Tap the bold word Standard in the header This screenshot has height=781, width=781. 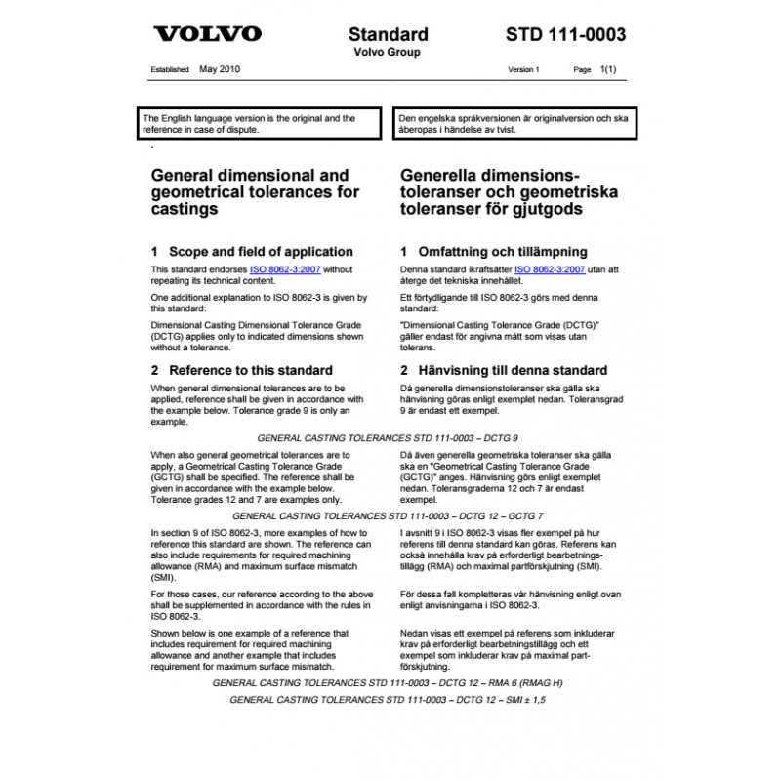(390, 35)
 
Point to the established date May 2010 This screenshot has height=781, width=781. (220, 71)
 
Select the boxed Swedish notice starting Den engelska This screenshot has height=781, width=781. (513, 123)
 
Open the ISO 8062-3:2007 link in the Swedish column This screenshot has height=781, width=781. (550, 268)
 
